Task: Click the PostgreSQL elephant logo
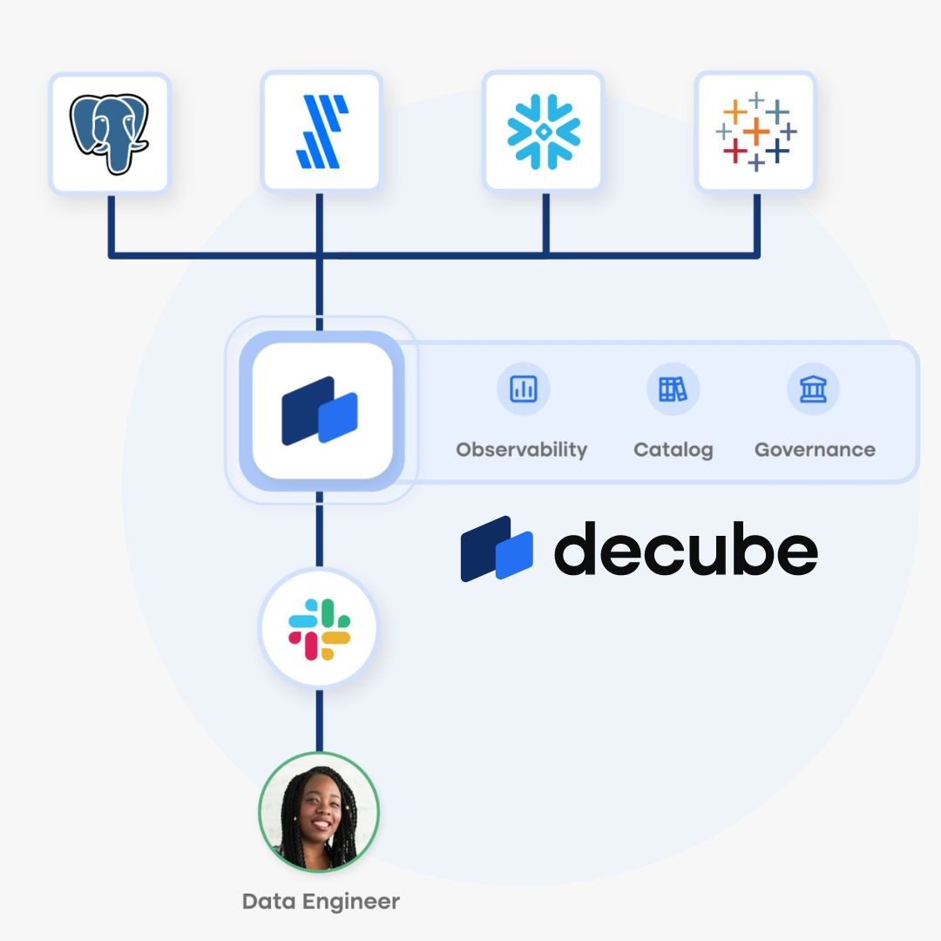click(109, 132)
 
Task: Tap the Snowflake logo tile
click(544, 132)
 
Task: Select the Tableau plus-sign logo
click(755, 132)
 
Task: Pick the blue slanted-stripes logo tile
click(322, 132)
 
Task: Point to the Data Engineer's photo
click(319, 812)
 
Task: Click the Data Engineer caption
click(321, 901)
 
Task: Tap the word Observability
click(521, 450)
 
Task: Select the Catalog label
click(673, 450)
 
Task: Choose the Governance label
click(815, 450)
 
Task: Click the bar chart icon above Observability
click(524, 389)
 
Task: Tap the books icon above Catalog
click(673, 389)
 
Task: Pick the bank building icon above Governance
click(813, 389)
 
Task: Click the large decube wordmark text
click(686, 549)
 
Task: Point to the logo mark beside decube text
click(496, 549)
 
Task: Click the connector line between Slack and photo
click(320, 720)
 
